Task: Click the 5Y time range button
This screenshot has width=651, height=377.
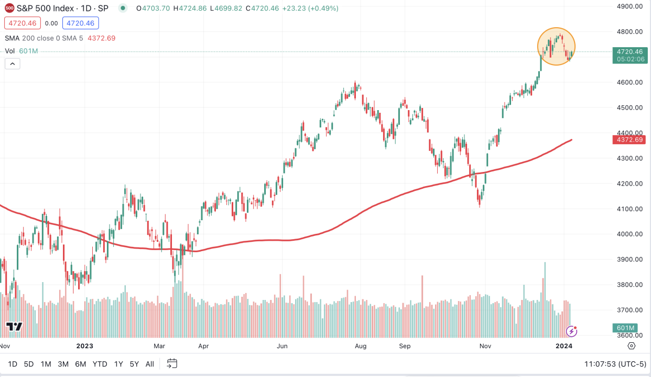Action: point(135,363)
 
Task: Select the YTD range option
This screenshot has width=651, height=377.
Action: point(99,363)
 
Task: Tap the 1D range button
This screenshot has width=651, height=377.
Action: point(12,363)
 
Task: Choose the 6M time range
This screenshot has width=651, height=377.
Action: point(80,363)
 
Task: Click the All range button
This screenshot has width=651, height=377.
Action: point(150,363)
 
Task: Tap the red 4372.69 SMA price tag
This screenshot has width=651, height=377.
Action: point(629,140)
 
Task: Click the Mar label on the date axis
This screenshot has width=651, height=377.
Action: point(159,346)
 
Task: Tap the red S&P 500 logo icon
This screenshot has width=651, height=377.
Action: point(10,9)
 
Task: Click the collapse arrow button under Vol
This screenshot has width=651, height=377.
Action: point(12,63)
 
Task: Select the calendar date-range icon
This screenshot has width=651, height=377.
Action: point(172,363)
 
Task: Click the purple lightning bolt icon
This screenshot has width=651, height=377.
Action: point(571,330)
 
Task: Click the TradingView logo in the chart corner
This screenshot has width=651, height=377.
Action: point(14,327)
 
